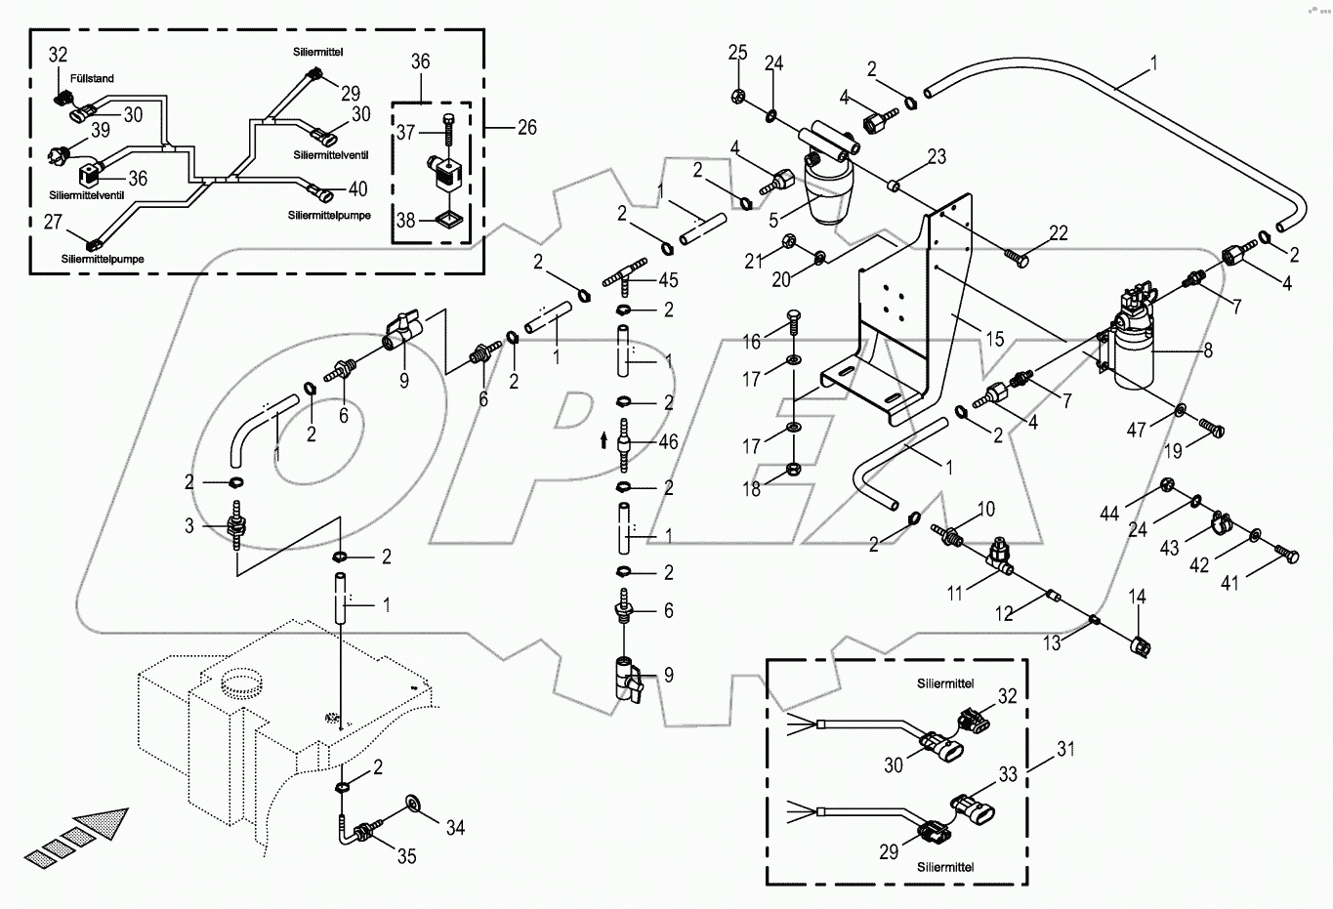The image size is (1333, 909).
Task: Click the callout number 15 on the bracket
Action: point(993,340)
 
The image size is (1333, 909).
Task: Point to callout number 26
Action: point(526,128)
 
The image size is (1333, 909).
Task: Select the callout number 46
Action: point(668,442)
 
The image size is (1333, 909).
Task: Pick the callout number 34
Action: point(455,828)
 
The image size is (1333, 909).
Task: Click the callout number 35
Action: point(406,855)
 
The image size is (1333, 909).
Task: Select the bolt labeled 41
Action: point(1287,557)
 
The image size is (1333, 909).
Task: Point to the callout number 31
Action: point(1065,750)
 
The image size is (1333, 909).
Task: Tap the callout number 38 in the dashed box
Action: point(405,221)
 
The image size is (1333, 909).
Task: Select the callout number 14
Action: point(1138,597)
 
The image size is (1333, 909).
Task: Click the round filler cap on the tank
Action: point(241,681)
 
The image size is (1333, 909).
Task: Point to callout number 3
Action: point(189,526)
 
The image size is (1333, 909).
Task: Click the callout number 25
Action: point(737,52)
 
